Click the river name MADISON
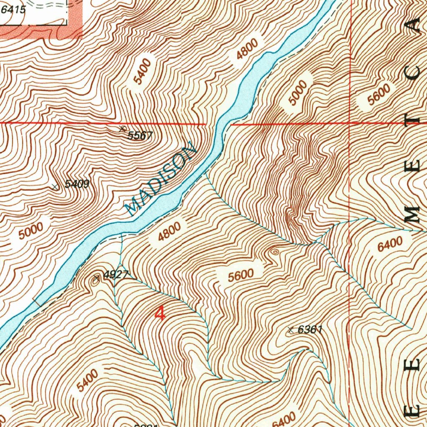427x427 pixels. click(161, 179)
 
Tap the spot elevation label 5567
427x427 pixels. click(141, 135)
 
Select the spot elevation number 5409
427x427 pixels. click(77, 184)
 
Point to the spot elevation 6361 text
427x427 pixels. click(311, 329)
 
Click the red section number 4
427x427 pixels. click(160, 313)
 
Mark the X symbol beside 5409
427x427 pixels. click(55, 187)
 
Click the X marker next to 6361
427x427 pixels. click(291, 330)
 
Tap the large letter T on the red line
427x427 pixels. click(415, 118)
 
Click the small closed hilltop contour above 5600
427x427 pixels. click(274, 251)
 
